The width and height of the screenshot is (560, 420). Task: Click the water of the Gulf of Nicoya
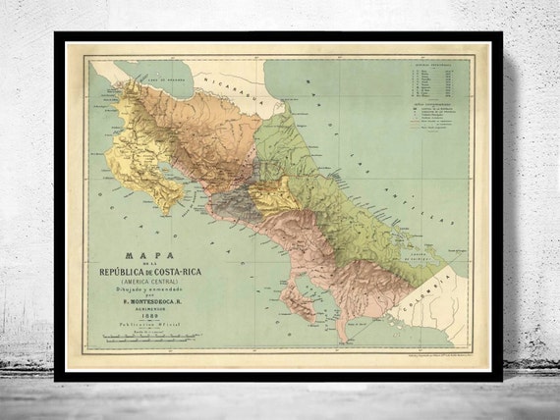187,186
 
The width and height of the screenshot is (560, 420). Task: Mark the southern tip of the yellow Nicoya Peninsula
173,212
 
